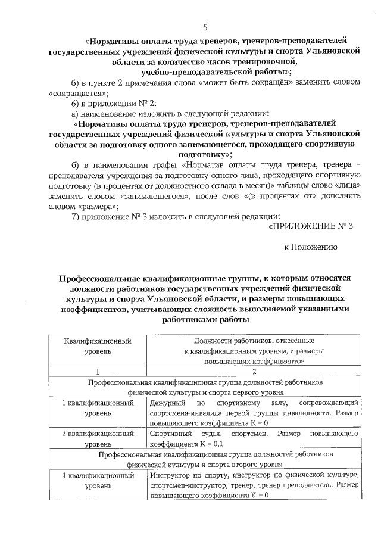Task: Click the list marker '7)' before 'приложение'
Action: point(75,217)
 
